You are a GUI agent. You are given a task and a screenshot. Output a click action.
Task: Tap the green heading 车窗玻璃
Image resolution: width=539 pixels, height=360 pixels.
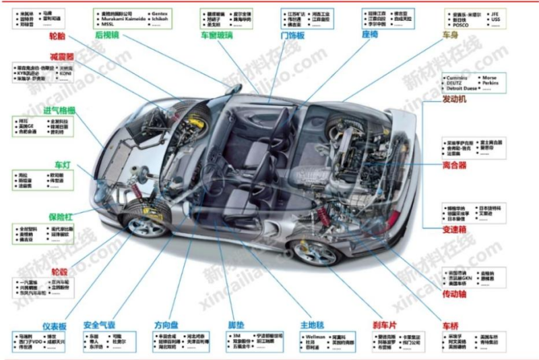point(218,34)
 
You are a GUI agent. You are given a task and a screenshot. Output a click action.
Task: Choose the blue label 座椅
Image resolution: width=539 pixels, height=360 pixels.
point(370,34)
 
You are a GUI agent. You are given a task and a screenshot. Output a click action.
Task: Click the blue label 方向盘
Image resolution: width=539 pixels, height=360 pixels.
point(166,324)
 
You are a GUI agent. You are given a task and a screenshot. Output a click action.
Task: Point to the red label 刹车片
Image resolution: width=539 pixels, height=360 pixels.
point(385,325)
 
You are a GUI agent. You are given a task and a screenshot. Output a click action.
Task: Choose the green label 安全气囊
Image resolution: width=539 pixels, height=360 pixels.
point(100,324)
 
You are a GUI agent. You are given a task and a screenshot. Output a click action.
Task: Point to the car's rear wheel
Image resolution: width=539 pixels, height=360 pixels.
point(315,251)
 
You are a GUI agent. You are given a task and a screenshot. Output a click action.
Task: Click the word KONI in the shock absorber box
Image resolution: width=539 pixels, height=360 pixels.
point(66,73)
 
